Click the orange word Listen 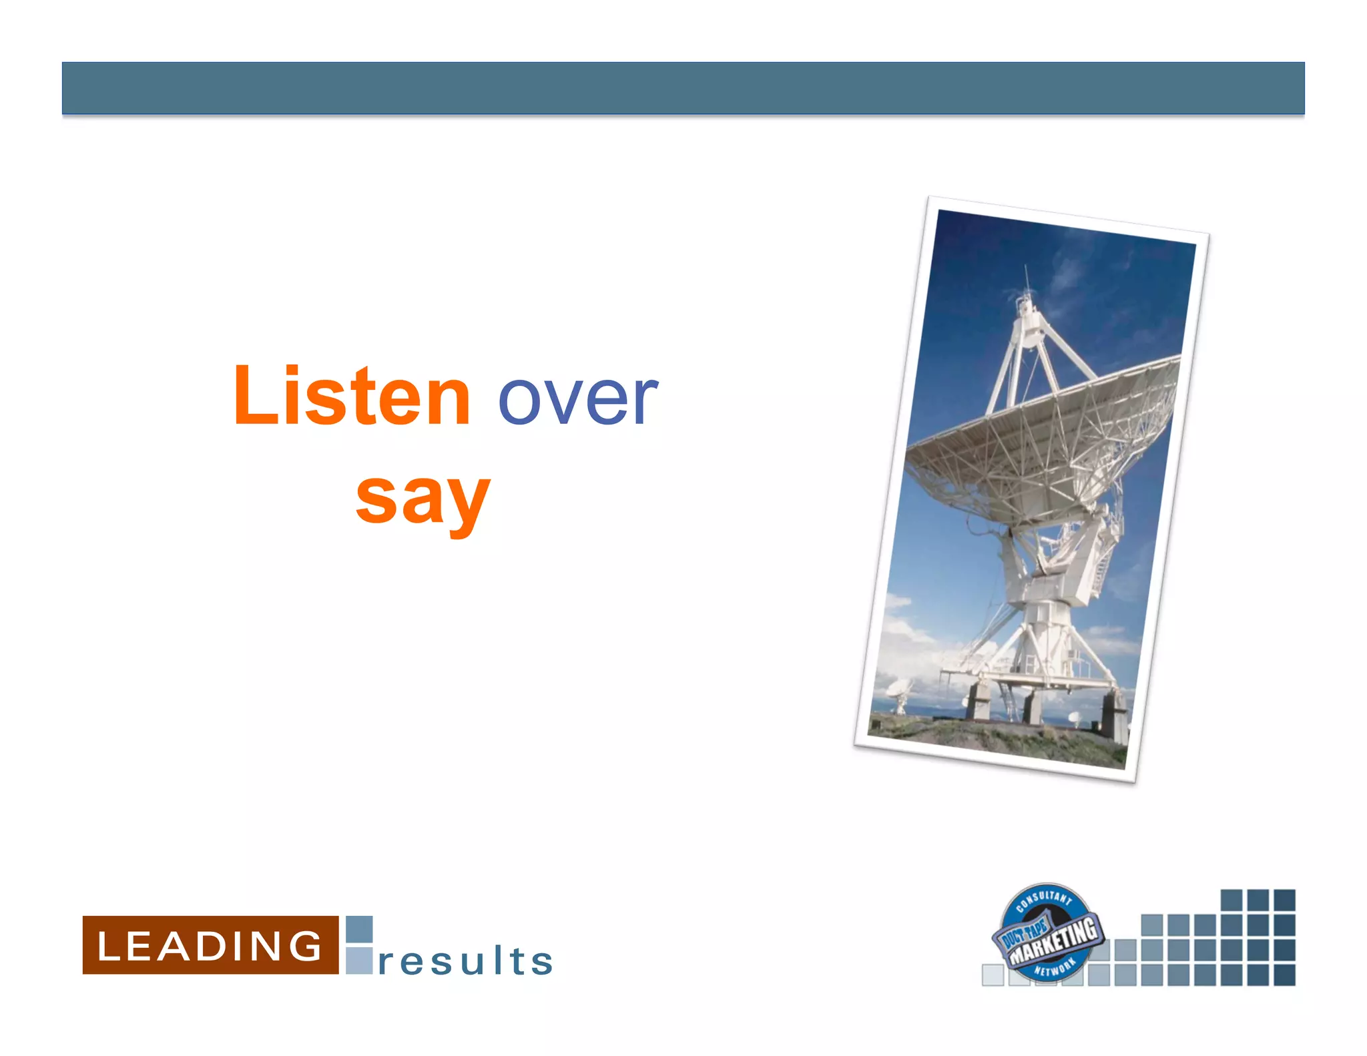[x=352, y=397]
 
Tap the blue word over [x=578, y=399]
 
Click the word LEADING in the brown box [x=210, y=946]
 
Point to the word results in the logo [x=465, y=961]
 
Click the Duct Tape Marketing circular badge [x=1046, y=933]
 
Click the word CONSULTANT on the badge [x=1045, y=898]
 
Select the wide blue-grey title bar [x=683, y=88]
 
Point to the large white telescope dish [x=1041, y=441]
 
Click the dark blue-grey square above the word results [x=359, y=929]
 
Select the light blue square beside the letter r [x=359, y=961]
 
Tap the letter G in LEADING [x=307, y=946]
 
